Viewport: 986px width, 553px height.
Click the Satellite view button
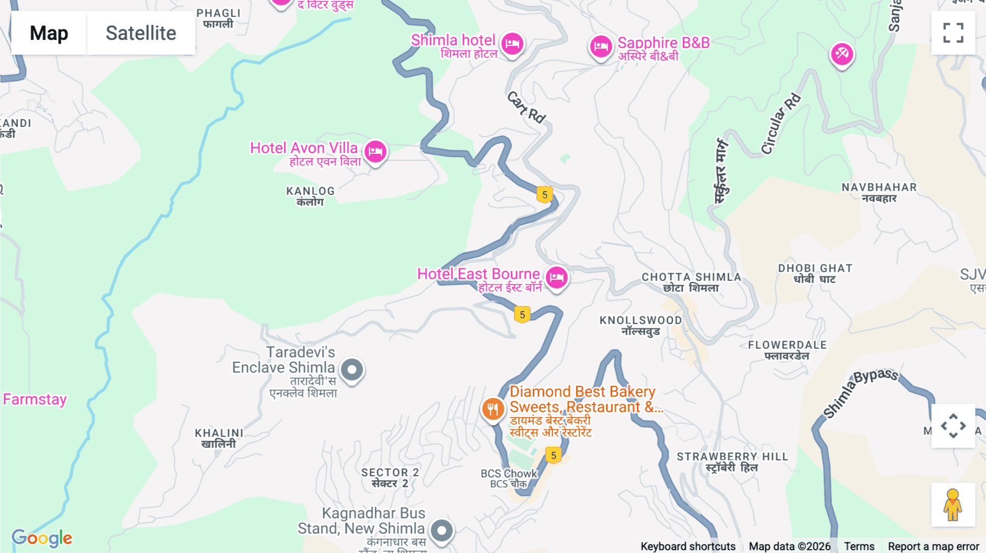click(x=141, y=33)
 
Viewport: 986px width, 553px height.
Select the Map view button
click(x=49, y=33)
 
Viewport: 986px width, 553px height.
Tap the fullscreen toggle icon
click(x=953, y=33)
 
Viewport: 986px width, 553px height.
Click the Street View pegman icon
click(x=953, y=505)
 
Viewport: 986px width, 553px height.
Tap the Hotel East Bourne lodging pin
click(x=557, y=277)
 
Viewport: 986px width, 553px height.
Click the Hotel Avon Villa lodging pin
click(x=376, y=151)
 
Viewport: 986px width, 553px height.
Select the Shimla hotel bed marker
click(x=512, y=43)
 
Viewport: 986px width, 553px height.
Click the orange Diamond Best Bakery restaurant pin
click(x=492, y=409)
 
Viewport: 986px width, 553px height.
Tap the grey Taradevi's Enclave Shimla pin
click(x=352, y=370)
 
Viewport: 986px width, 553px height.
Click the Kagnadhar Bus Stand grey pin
click(x=442, y=530)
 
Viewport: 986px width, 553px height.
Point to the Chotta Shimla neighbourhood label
click(x=691, y=282)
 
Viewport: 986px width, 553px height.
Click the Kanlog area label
click(x=310, y=196)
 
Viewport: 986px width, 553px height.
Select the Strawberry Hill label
click(x=732, y=462)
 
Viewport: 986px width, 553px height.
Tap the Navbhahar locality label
click(x=879, y=192)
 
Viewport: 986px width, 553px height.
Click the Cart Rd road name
click(x=526, y=107)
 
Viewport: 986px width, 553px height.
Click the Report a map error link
click(x=933, y=546)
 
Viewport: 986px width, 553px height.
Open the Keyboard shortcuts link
click(x=688, y=546)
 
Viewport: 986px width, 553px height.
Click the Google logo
click(x=42, y=538)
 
